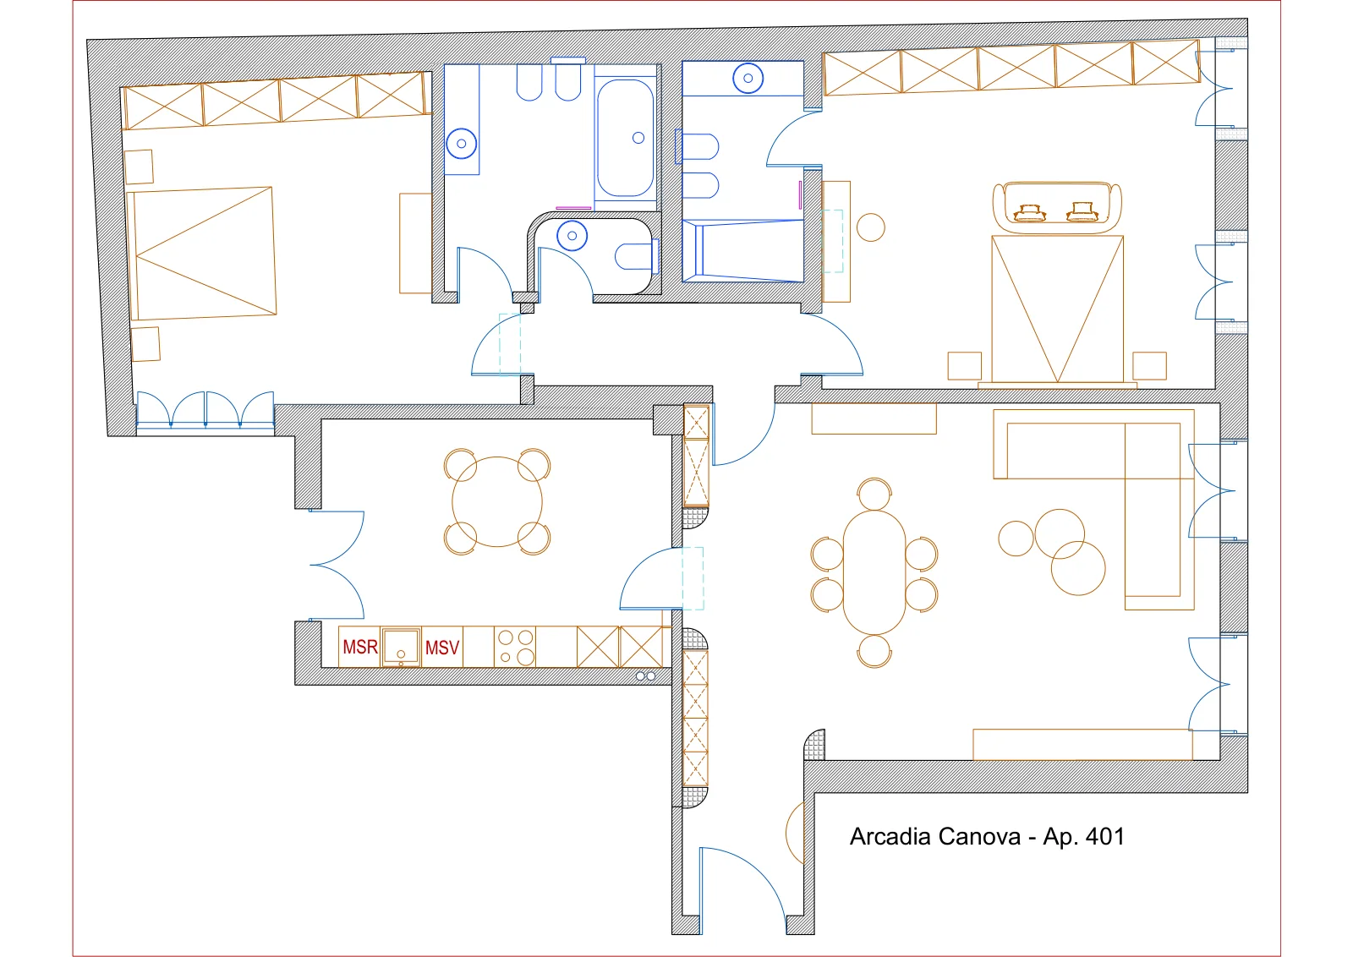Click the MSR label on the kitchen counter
(360, 648)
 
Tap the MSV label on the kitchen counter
(442, 648)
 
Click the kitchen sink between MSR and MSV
(401, 646)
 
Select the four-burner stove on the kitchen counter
(515, 647)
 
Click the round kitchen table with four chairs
(497, 501)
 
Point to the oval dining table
(874, 572)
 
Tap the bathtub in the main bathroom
(625, 138)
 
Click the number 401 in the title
(1104, 837)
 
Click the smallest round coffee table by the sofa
(1016, 539)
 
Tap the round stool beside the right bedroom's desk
(870, 227)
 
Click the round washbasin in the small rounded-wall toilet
(572, 236)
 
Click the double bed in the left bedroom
(202, 254)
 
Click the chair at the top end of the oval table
(874, 494)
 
